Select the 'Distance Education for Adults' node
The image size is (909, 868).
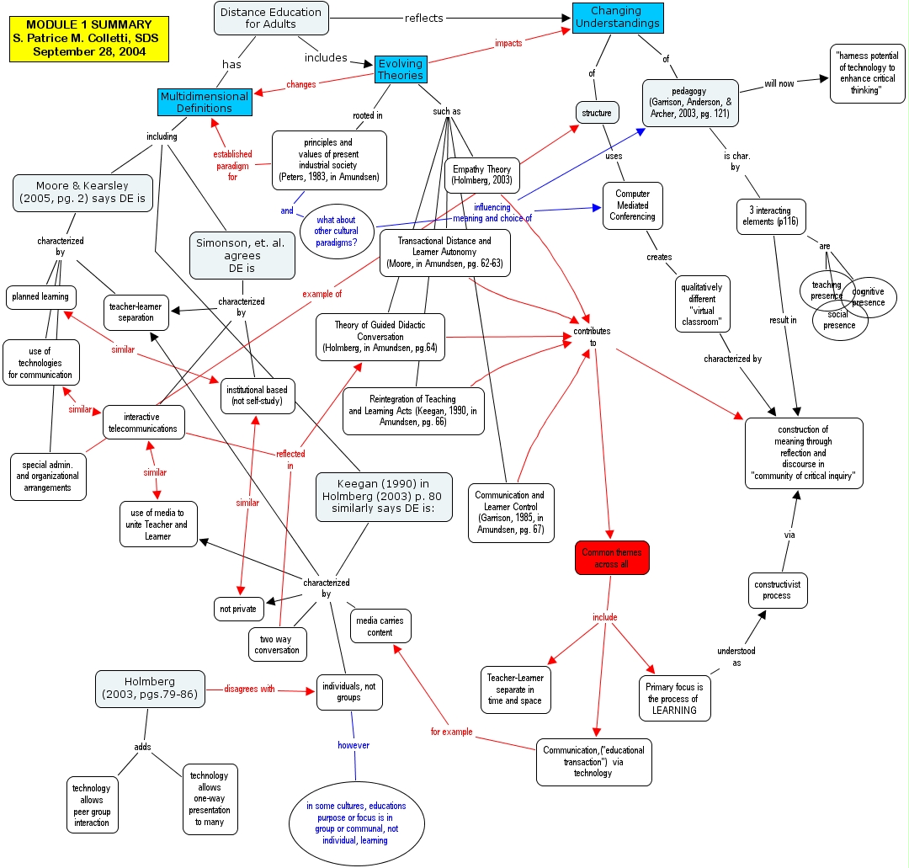point(271,18)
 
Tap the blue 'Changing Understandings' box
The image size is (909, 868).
point(616,18)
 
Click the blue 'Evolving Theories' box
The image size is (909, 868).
point(400,69)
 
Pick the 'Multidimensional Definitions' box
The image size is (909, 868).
point(205,102)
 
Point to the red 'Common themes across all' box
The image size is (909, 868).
point(612,558)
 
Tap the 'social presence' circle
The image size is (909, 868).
point(839,319)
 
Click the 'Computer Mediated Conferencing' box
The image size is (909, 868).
point(632,205)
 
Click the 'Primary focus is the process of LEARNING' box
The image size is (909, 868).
point(674,698)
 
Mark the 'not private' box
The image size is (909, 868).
point(238,609)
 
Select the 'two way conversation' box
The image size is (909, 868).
point(277,644)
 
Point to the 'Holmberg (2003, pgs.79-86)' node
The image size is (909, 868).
point(150,688)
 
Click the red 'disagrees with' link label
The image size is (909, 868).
point(249,689)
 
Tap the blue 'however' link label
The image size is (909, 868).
point(353,745)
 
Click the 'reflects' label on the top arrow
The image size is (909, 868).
point(424,18)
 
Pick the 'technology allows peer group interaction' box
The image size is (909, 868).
point(92,805)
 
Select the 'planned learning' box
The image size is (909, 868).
point(40,297)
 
